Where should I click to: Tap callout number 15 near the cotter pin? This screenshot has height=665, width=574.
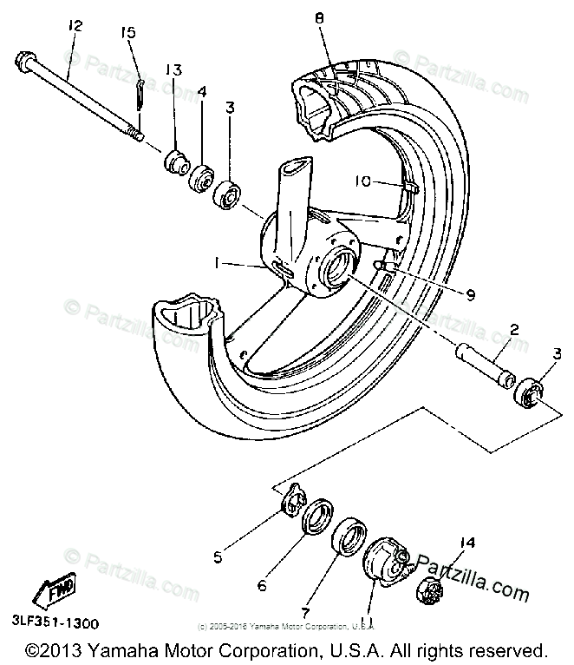click(x=128, y=34)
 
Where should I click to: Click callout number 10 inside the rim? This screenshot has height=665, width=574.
click(x=362, y=181)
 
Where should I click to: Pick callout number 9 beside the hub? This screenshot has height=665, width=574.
click(x=471, y=295)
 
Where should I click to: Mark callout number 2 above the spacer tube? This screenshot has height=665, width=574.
click(x=513, y=331)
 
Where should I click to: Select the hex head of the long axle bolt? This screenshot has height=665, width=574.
click(x=23, y=63)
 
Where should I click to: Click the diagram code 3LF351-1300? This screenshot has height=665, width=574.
click(x=55, y=622)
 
